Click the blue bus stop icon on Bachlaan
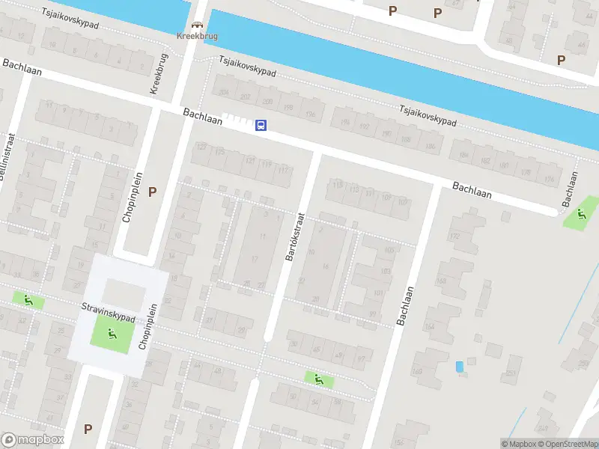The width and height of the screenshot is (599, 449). [x=261, y=126]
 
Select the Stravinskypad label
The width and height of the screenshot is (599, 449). [x=108, y=313]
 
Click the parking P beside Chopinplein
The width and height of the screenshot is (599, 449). [x=153, y=192]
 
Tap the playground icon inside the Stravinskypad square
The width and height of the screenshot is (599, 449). [x=111, y=334]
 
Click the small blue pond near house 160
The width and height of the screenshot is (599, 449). [x=459, y=366]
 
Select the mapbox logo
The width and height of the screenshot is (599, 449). [x=33, y=440]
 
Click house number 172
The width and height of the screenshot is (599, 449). [x=453, y=236]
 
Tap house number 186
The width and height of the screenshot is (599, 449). [x=430, y=146]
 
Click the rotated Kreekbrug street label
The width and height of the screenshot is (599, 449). [x=160, y=74]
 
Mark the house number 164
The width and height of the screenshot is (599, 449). [x=429, y=327]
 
